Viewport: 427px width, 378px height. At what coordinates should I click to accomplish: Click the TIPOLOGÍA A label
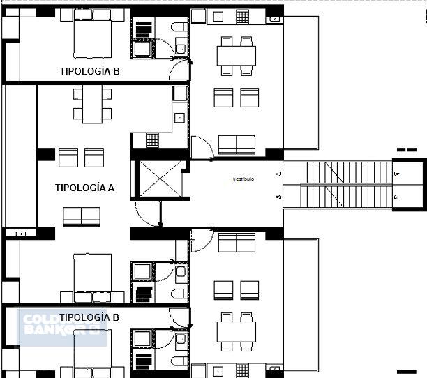click(84, 187)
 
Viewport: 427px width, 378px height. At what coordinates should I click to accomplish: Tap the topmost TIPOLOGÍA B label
click(89, 70)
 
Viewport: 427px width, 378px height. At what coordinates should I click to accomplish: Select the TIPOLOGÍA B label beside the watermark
click(89, 317)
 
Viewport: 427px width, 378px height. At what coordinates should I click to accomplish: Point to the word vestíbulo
click(244, 179)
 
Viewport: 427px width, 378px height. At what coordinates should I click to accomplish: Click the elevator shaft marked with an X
click(160, 179)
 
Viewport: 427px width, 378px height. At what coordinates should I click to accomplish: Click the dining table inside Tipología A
click(92, 104)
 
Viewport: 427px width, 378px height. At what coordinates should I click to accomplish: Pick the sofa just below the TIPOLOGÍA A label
click(82, 217)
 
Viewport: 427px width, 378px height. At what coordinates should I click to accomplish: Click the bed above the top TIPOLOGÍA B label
click(92, 39)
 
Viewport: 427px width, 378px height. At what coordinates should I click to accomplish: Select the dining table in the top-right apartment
click(237, 56)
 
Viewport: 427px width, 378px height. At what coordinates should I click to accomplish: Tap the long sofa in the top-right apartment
click(237, 144)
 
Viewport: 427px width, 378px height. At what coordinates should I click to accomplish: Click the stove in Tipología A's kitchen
click(152, 140)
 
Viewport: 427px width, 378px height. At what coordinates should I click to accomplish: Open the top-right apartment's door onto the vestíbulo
click(202, 147)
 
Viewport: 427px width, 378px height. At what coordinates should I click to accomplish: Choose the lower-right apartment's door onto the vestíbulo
click(202, 240)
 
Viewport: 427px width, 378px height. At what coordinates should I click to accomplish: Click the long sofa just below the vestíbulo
click(237, 243)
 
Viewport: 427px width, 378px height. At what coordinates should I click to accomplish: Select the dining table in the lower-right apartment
click(237, 331)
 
